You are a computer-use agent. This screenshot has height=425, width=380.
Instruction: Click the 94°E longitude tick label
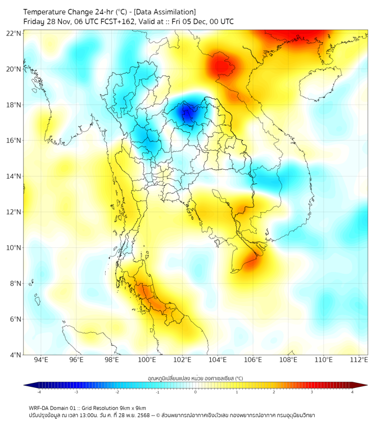coord(41,360)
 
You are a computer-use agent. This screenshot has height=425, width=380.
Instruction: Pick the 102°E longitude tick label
coord(182,360)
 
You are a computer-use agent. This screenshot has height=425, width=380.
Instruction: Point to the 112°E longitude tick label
coord(359,360)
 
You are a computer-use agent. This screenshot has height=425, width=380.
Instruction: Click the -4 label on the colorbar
coord(39,392)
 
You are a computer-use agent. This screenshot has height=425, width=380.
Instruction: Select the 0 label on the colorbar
coord(196,392)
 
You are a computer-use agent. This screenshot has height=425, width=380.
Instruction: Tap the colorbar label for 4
coord(352,392)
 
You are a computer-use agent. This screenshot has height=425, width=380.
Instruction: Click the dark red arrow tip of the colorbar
coord(364,385)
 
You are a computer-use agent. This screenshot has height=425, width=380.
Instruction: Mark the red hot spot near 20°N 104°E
coord(220,67)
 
